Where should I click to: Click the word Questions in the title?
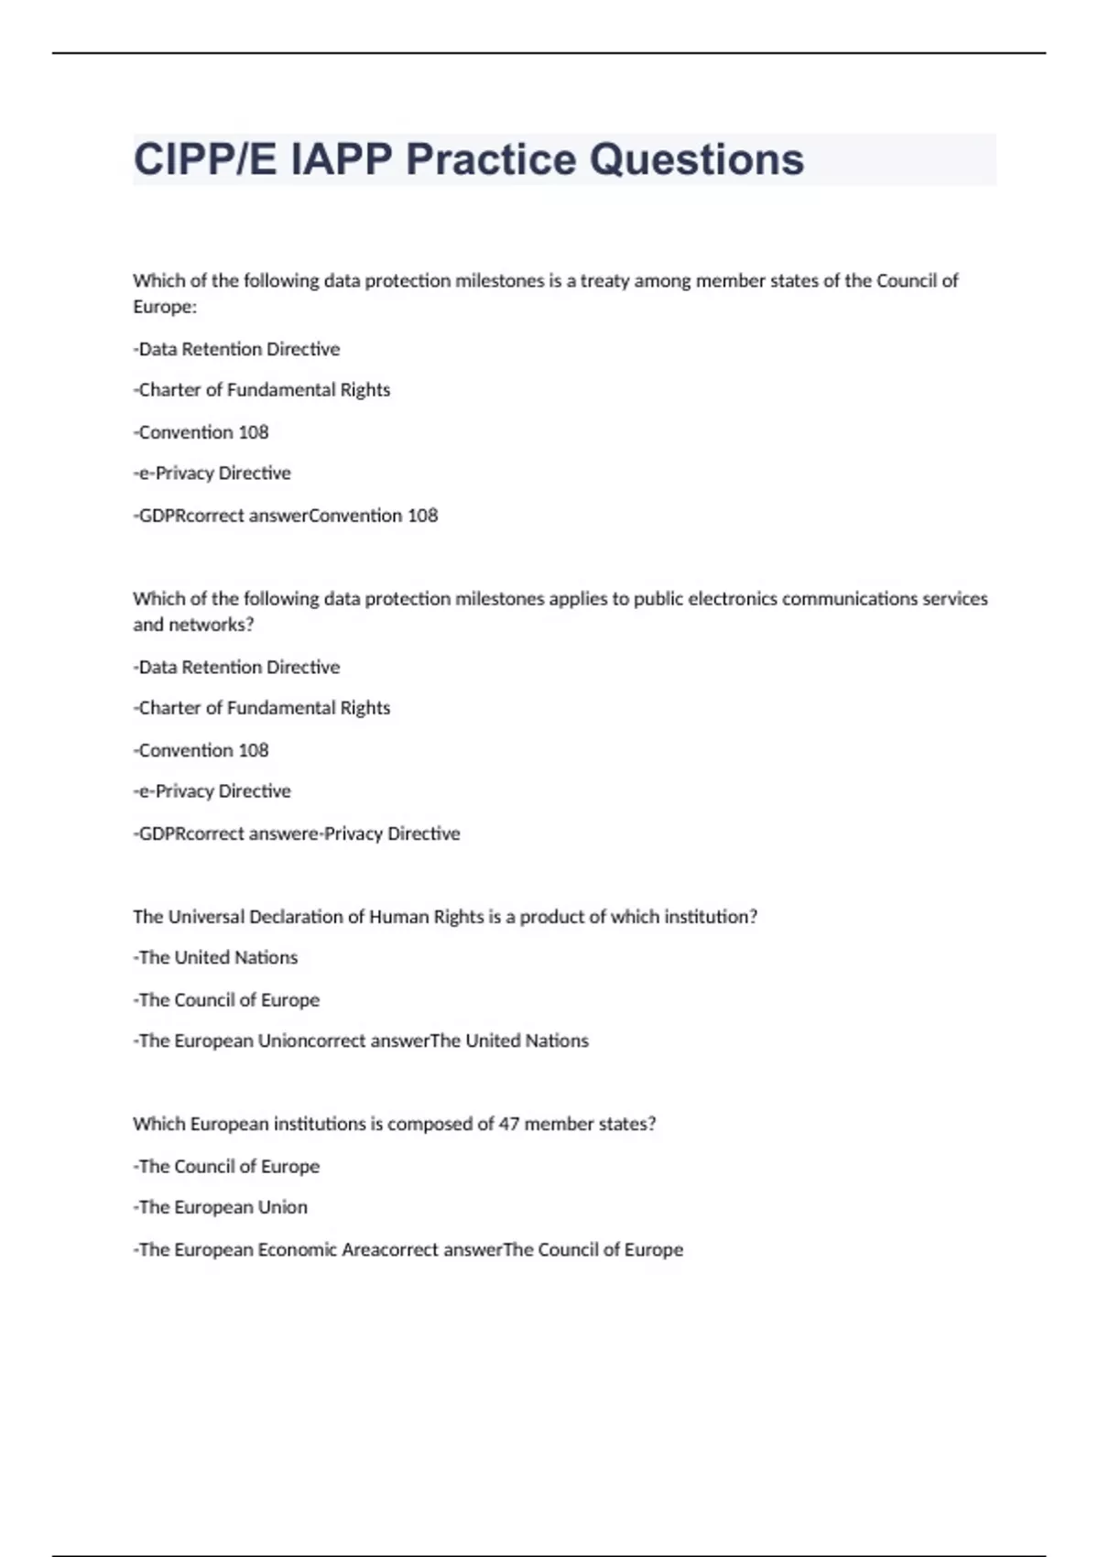coord(696,159)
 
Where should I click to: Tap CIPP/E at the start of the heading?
coord(207,159)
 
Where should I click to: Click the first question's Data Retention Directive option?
coord(238,349)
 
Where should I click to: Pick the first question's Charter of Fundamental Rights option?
coord(263,390)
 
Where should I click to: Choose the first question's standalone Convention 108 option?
coord(201,432)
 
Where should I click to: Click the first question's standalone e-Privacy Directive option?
coord(212,474)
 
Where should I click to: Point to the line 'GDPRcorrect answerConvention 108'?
coord(286,516)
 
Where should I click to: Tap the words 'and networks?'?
coord(193,625)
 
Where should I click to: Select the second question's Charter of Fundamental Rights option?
coord(263,708)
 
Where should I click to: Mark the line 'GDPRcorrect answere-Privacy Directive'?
coord(297,833)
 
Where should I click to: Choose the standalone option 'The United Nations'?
coord(216,958)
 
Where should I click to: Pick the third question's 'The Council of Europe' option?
coord(227,1000)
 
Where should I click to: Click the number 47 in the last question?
coord(508,1124)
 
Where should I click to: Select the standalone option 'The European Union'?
coord(222,1207)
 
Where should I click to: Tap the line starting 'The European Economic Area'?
coord(408,1249)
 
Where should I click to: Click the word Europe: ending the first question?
coord(165,307)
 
